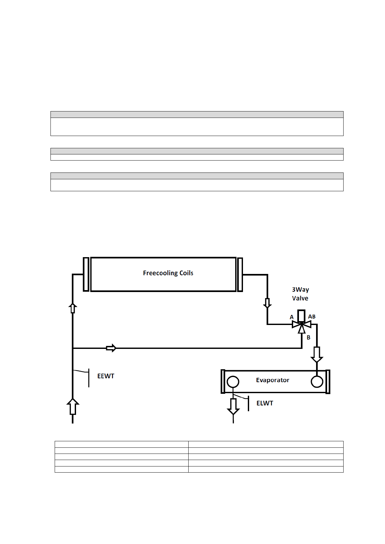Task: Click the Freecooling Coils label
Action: click(x=168, y=273)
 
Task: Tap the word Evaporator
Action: click(x=272, y=380)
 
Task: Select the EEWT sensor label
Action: click(x=106, y=376)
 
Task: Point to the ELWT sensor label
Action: click(x=265, y=403)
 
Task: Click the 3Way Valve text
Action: click(x=300, y=294)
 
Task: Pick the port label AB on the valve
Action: click(x=312, y=317)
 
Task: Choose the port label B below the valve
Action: click(x=308, y=337)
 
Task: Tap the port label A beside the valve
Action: click(x=291, y=317)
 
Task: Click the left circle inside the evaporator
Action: click(x=233, y=382)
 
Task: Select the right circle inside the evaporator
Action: click(x=317, y=382)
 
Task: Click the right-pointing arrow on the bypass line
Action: click(x=111, y=348)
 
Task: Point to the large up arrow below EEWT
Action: click(x=73, y=406)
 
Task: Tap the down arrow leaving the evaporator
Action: click(x=233, y=406)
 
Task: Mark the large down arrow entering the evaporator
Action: click(x=317, y=355)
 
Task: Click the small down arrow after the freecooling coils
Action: click(x=267, y=303)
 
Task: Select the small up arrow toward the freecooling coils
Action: click(x=73, y=308)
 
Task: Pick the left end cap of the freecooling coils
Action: click(x=86, y=274)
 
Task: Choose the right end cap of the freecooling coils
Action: click(x=240, y=274)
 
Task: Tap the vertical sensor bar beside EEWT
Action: click(x=89, y=378)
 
